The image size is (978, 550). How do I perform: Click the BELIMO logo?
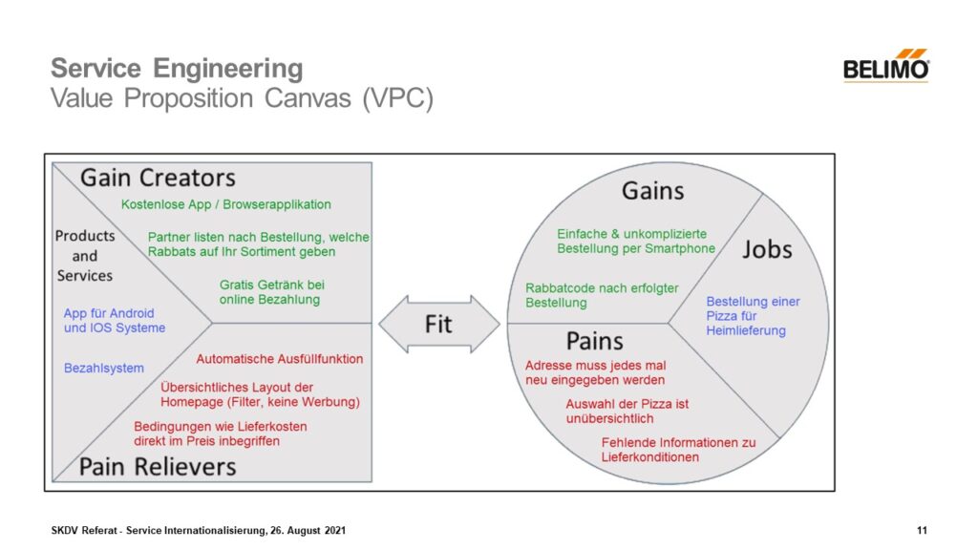coord(885,66)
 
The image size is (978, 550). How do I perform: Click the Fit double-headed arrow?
coord(438,324)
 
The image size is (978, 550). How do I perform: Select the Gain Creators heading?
coord(158,178)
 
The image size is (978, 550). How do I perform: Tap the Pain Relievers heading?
coord(158,466)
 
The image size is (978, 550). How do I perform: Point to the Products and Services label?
coord(85,255)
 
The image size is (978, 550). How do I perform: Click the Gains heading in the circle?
coord(652,191)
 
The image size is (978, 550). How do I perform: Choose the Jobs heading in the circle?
coord(767,249)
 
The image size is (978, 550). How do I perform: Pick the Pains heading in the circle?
coord(594,341)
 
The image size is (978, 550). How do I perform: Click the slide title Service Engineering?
coord(177,69)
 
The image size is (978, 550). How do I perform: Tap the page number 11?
coord(922,530)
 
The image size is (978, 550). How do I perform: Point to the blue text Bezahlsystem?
coord(104,368)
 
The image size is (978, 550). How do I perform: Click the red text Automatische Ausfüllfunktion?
coord(280,359)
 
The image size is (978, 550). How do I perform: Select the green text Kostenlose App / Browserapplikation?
coord(226,204)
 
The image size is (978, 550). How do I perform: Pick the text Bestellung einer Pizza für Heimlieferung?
coord(753,316)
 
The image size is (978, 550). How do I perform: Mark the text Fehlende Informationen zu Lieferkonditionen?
coord(678,450)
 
